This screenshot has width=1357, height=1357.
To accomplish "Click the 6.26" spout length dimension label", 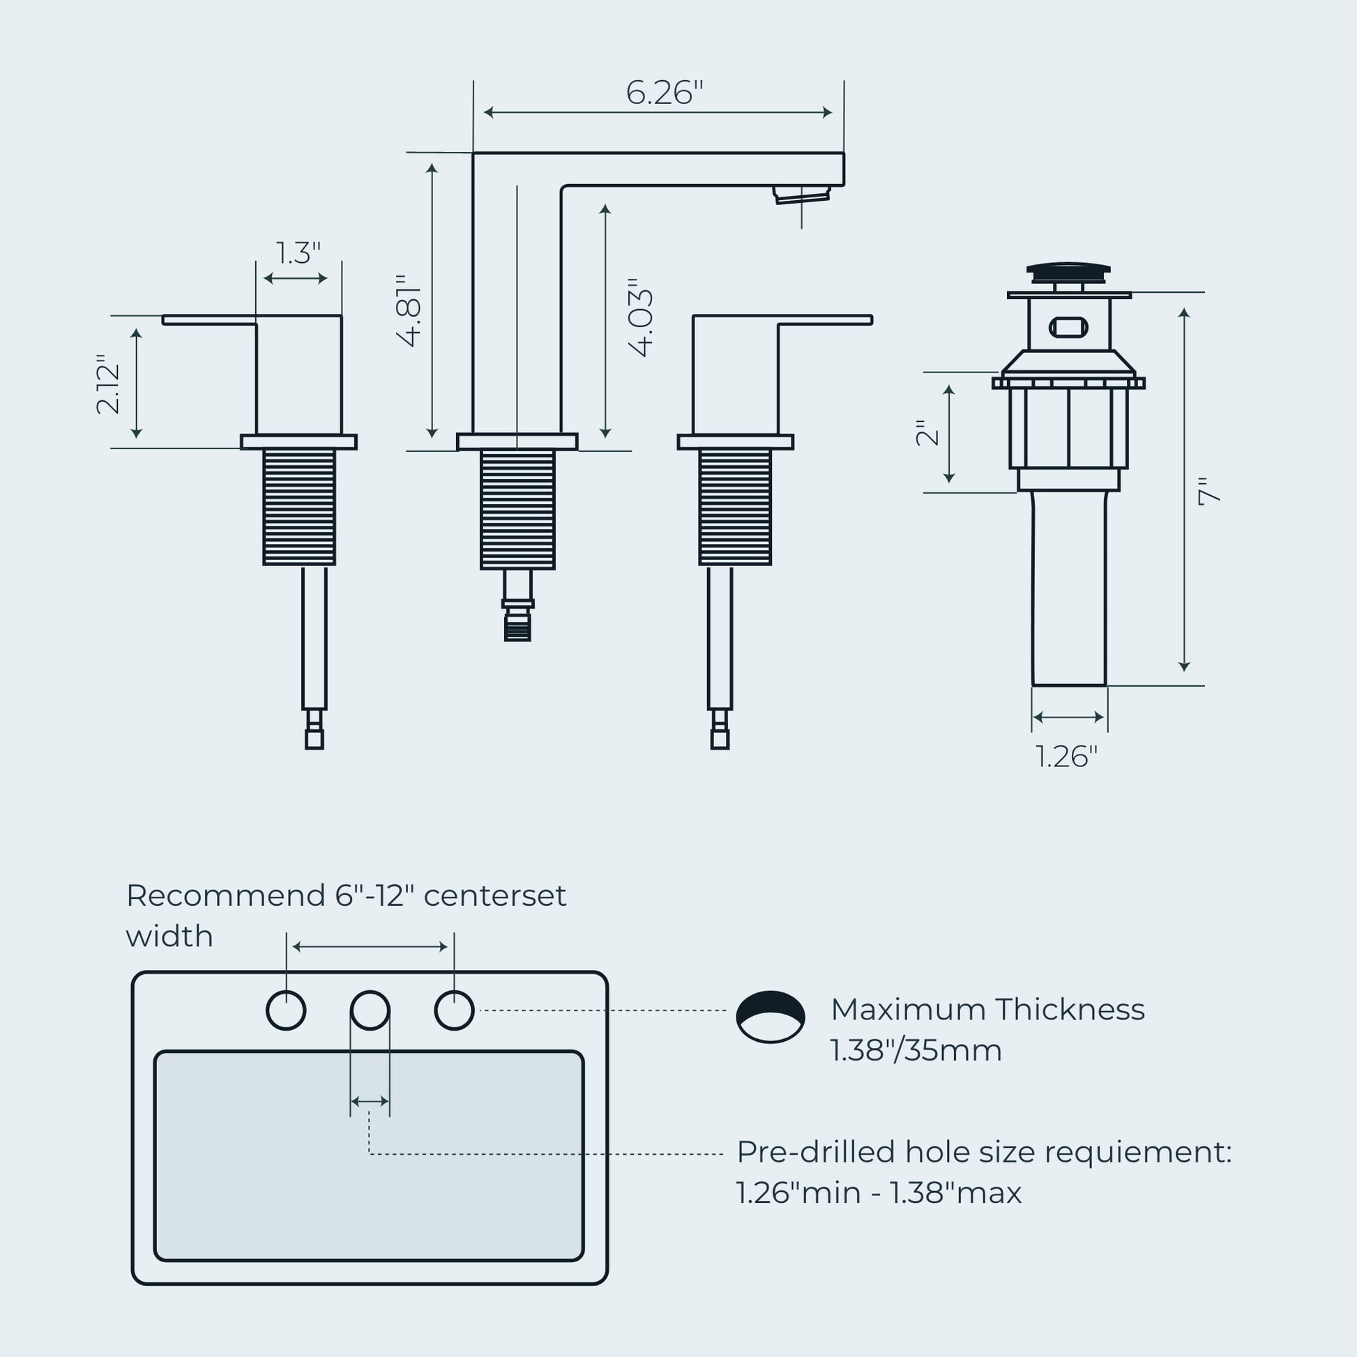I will [664, 93].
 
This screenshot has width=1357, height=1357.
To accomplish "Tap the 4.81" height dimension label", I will [409, 310].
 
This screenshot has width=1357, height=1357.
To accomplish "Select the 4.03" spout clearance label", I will [642, 317].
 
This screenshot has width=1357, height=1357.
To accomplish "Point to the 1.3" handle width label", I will [298, 254].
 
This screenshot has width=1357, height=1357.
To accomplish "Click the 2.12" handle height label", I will [109, 384].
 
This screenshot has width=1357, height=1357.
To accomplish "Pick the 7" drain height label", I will [1209, 491].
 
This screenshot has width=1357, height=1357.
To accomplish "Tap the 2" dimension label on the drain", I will [927, 433].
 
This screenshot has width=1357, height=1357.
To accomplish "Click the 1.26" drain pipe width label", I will [1066, 757].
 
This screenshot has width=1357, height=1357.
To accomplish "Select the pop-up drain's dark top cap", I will [1068, 270].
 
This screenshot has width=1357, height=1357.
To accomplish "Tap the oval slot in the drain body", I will [1068, 327].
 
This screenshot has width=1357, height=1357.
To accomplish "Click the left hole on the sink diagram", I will [286, 1010].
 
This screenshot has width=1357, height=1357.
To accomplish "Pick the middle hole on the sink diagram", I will [370, 1010].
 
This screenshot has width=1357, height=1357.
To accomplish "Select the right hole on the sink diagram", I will [455, 1010].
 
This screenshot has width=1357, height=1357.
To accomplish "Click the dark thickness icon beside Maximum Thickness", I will [771, 1016].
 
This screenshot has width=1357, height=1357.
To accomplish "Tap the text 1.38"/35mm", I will [916, 1051].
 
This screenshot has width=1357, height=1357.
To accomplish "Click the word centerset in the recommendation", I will [494, 895].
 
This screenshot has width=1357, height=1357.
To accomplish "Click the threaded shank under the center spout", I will [517, 509].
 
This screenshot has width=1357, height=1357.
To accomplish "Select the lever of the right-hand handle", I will [826, 320].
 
